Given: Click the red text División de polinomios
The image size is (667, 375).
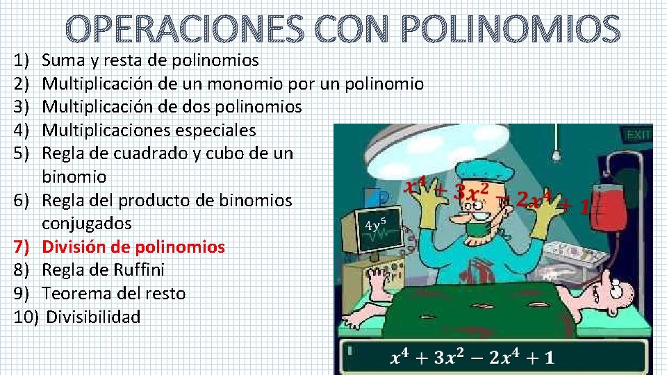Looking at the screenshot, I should coord(133,247).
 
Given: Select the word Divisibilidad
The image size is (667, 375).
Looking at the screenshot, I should coord(93,317).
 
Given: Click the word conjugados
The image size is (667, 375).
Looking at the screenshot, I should coord(86,224).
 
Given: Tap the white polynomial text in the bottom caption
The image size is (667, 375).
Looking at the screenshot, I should coord(472,358).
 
